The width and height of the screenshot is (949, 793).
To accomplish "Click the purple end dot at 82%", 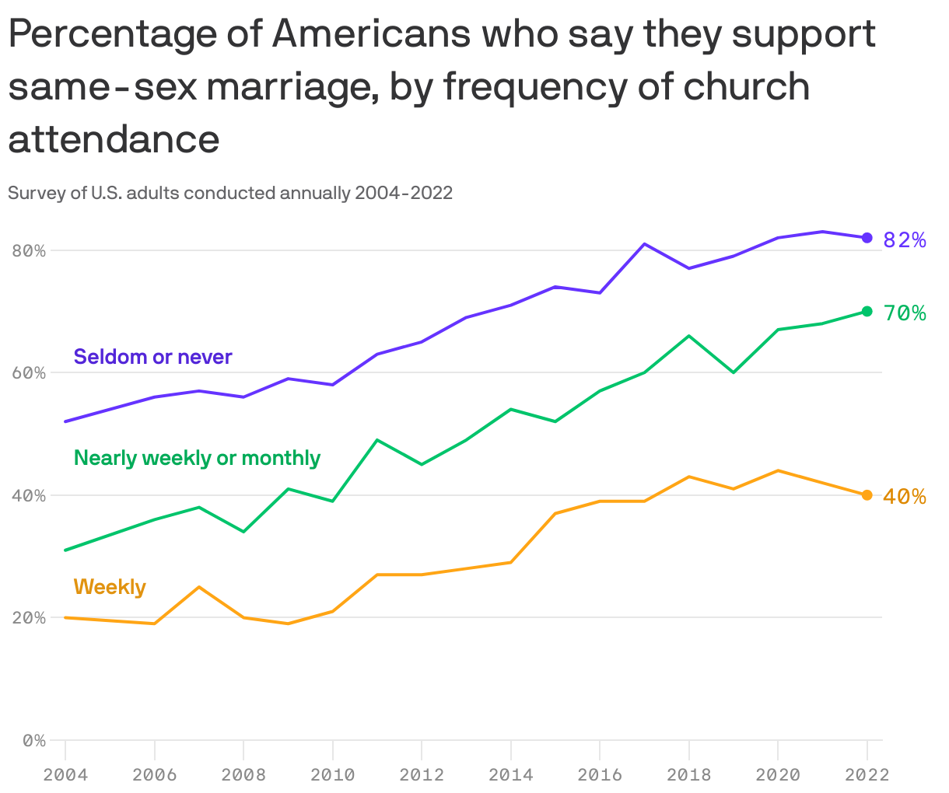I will click(x=867, y=238).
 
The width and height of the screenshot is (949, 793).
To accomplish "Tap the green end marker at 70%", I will click(x=867, y=312).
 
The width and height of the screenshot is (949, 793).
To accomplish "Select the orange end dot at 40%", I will click(x=867, y=495).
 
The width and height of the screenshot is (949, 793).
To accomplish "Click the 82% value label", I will click(x=905, y=240).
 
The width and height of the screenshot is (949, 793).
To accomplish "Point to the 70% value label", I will click(x=905, y=313).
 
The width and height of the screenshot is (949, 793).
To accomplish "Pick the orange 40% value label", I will click(x=905, y=497).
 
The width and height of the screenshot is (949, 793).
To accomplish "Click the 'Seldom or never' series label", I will click(x=153, y=357).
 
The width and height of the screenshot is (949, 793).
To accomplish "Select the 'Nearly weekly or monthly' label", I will click(x=197, y=458).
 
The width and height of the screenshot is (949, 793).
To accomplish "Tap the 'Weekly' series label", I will click(x=110, y=586).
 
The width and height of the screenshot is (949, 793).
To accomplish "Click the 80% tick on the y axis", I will click(x=29, y=250).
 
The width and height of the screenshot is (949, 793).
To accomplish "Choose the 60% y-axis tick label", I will click(x=29, y=372).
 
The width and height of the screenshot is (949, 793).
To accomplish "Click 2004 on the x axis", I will click(x=65, y=774).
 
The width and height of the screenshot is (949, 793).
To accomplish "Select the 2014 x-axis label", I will click(x=510, y=774).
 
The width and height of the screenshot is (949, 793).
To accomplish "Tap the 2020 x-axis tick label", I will click(x=778, y=774).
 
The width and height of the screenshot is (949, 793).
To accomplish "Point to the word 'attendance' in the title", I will click(x=114, y=138).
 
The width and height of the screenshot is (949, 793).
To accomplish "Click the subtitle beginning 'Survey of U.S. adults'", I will click(x=230, y=193).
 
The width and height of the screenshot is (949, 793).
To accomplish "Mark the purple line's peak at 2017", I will click(x=644, y=244).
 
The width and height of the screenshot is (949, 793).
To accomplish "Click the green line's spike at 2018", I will click(x=689, y=336).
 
